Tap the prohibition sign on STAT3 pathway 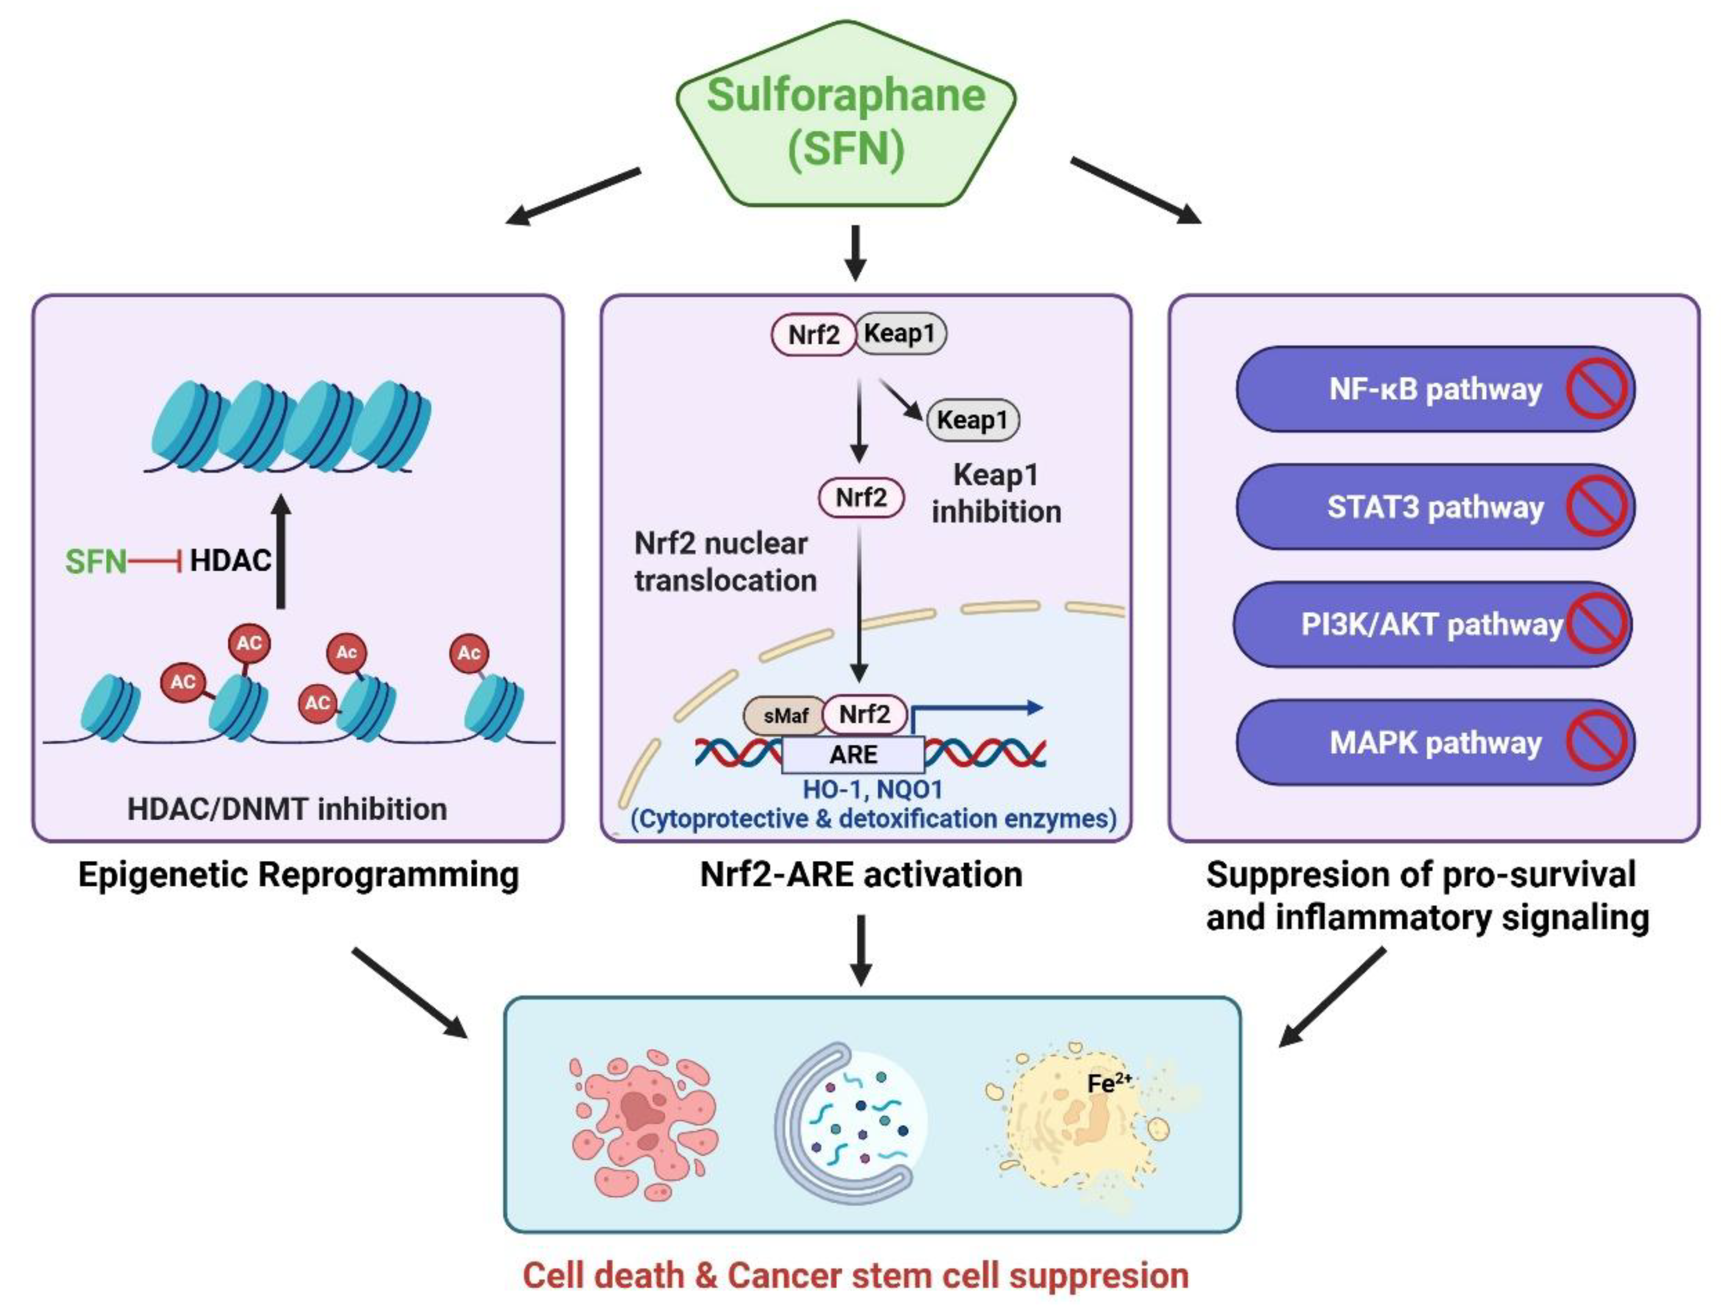tap(1596, 507)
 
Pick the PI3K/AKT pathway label tap(1431, 625)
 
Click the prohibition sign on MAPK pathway tap(1596, 742)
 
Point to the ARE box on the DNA tap(853, 754)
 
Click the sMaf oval tap(785, 715)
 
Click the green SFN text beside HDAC tap(95, 561)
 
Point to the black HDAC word tap(231, 561)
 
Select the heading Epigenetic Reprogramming tap(299, 875)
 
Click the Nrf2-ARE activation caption tap(861, 875)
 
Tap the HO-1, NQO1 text tap(872, 789)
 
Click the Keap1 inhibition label tap(996, 493)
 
